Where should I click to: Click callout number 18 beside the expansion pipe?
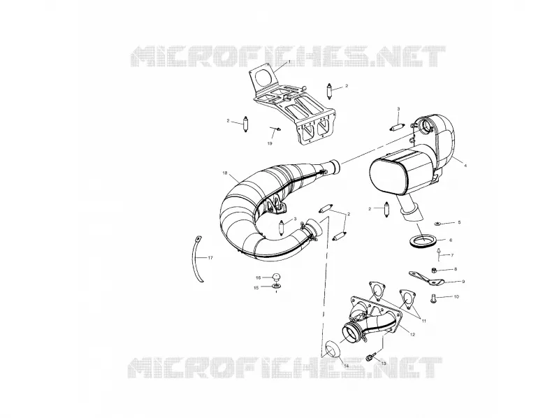click(x=224, y=173)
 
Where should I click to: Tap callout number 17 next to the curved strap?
click(x=210, y=257)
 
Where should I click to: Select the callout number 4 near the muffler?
click(x=465, y=166)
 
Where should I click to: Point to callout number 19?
click(x=270, y=143)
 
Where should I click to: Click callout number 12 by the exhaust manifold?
click(x=412, y=335)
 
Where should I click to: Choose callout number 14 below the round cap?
click(x=346, y=366)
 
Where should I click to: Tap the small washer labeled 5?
click(x=437, y=224)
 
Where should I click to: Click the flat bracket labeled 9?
click(x=426, y=278)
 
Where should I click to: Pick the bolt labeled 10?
click(x=434, y=298)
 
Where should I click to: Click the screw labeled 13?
click(x=371, y=356)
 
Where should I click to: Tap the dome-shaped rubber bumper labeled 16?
click(x=277, y=276)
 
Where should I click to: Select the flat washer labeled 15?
click(x=276, y=287)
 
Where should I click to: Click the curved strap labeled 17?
click(x=198, y=259)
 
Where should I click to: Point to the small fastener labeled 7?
click(x=439, y=252)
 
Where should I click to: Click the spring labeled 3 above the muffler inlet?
click(x=397, y=127)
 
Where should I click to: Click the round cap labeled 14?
click(x=331, y=349)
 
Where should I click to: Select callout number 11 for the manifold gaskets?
click(x=424, y=321)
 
